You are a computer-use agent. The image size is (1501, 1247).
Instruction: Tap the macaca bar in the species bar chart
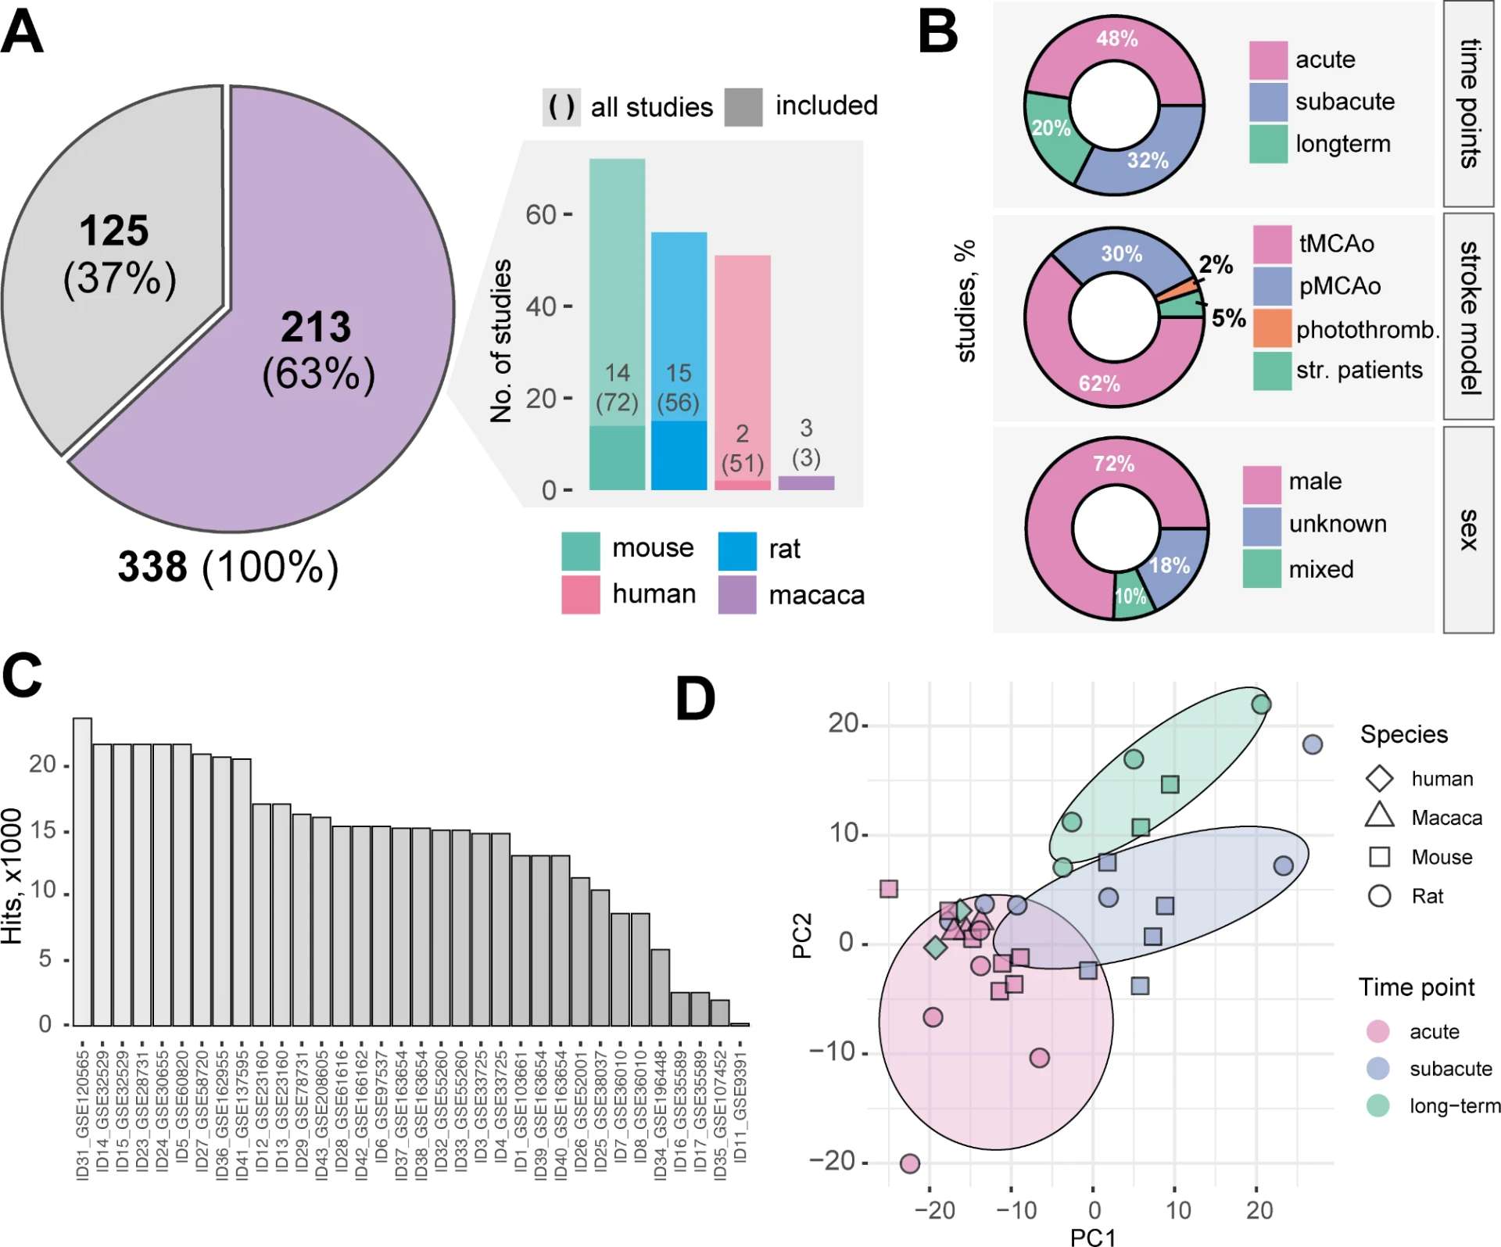point(806,482)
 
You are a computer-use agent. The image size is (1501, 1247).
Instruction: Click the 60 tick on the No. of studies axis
point(541,214)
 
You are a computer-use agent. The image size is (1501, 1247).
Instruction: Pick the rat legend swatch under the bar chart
point(736,550)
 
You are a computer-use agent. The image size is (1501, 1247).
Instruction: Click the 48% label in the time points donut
point(1116,38)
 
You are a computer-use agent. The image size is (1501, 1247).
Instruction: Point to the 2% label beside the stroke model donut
point(1216,264)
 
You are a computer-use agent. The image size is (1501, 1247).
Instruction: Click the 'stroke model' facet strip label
point(1468,317)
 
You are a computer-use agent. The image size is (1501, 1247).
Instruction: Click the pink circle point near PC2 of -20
point(909,1163)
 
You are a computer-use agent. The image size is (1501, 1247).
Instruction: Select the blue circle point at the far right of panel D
point(1313,744)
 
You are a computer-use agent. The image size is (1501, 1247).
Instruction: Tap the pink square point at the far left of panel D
point(888,888)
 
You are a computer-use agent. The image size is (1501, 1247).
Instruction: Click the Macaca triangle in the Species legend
point(1379,816)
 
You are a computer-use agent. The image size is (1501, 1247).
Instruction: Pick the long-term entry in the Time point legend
point(1453,1105)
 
